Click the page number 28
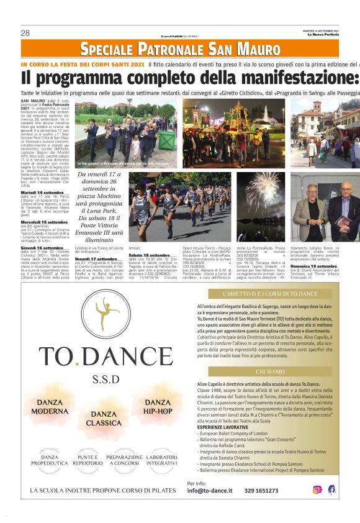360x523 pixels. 25,33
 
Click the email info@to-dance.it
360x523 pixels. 210,491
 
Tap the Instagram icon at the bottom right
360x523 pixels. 317,489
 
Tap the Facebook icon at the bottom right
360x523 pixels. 331,489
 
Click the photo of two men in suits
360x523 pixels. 325,207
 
